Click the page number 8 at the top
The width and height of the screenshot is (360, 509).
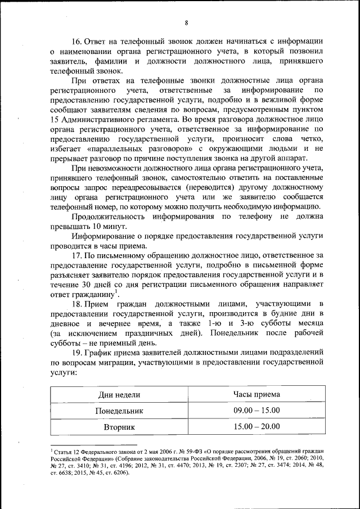pos(186,22)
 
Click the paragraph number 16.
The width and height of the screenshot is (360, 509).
pos(76,41)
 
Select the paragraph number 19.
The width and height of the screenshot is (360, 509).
pos(76,353)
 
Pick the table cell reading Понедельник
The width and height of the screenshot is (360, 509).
pos(119,411)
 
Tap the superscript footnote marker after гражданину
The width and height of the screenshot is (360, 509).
pos(116,291)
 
